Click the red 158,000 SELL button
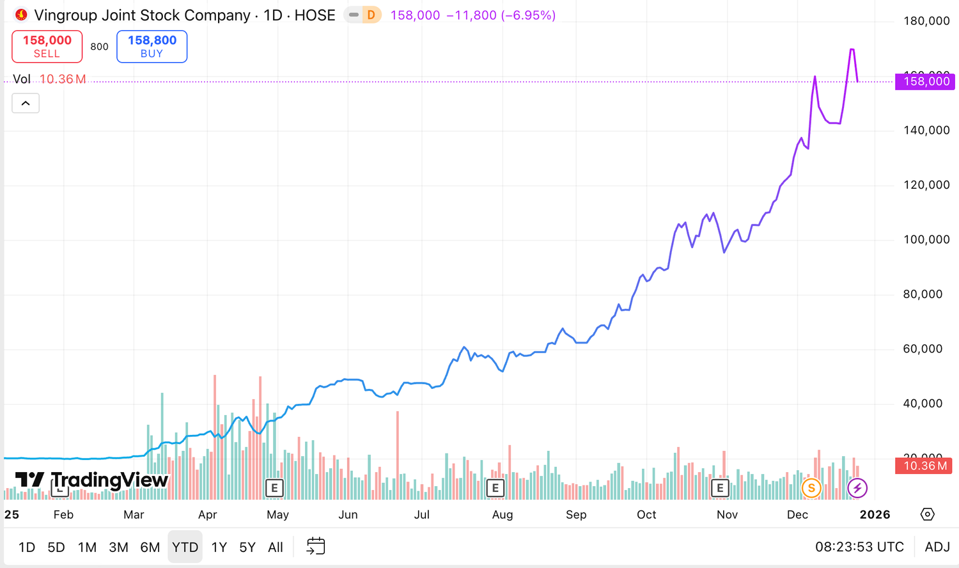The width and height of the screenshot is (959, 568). [x=47, y=46]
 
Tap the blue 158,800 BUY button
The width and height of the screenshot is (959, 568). [x=152, y=46]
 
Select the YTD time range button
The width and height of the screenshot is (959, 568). [x=185, y=547]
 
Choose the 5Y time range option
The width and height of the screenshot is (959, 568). [x=247, y=547]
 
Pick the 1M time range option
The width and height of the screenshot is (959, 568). [x=87, y=547]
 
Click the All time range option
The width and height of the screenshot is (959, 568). [x=276, y=547]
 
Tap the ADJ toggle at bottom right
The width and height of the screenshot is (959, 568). [x=937, y=547]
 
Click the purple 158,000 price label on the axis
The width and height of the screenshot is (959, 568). [x=925, y=81]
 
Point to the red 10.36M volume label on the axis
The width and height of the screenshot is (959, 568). [x=925, y=466]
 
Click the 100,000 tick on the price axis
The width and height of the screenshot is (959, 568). [x=926, y=240]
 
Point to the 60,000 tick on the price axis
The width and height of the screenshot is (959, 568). [x=923, y=349]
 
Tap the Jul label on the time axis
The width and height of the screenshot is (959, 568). [x=421, y=515]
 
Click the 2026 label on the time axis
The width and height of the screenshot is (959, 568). [x=875, y=515]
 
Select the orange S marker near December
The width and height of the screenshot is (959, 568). [x=811, y=488]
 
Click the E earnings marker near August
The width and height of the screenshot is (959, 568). [x=495, y=488]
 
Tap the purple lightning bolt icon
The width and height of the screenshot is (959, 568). [x=857, y=488]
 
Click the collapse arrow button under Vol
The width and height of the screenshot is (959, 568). [x=26, y=103]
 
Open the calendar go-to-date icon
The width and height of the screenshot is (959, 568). [x=316, y=546]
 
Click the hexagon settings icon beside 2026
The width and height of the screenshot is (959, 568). [x=928, y=514]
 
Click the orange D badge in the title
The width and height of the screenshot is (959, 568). [x=371, y=15]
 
